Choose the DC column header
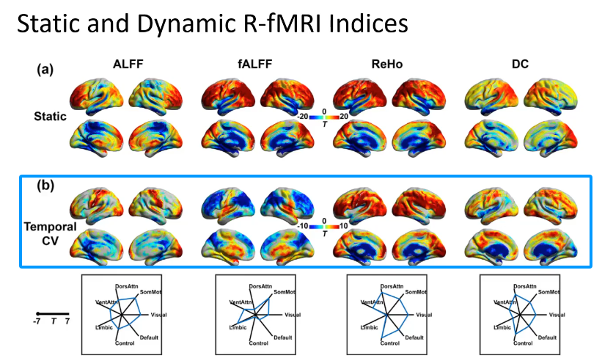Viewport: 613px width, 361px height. point(519,64)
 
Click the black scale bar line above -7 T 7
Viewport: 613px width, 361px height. point(52,313)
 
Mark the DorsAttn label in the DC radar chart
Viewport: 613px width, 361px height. point(524,285)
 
